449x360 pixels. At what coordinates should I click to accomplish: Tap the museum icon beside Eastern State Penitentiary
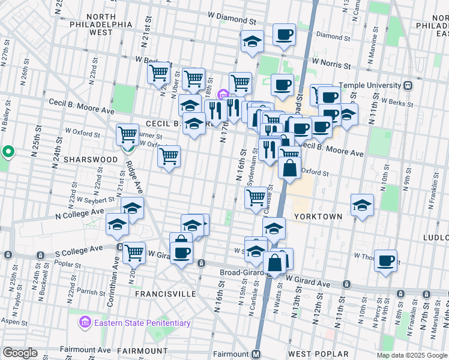tap(85, 323)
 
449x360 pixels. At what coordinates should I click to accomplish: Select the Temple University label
tap(367, 85)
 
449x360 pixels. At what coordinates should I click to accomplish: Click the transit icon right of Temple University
tap(408, 85)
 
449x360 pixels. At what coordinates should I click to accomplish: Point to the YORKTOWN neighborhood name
tap(318, 216)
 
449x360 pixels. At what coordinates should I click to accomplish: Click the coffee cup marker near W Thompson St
tap(385, 261)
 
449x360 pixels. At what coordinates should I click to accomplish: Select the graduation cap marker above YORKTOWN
tap(362, 205)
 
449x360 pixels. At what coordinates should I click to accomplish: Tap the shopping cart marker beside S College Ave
tap(134, 253)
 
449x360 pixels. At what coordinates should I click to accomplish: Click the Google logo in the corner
tap(20, 353)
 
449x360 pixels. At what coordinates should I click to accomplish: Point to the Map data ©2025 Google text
tap(411, 355)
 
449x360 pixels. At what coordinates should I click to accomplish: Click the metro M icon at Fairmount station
tap(256, 354)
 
